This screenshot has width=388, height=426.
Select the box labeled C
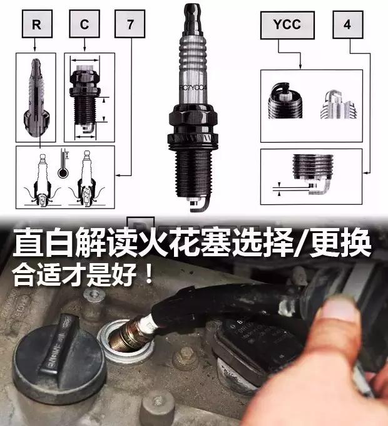click(83, 24)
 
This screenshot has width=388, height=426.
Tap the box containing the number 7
click(130, 24)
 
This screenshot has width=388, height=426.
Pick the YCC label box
click(287, 24)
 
